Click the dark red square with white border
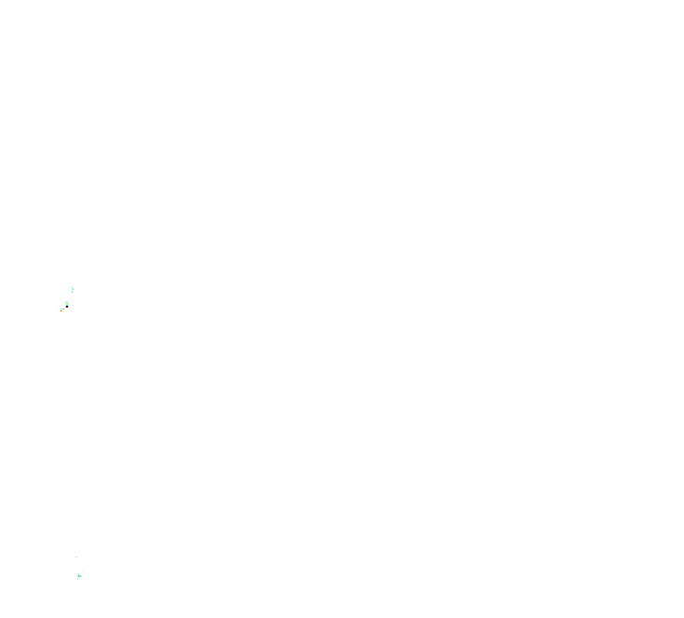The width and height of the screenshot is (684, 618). click(x=67, y=307)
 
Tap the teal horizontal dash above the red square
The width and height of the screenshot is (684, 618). click(x=66, y=302)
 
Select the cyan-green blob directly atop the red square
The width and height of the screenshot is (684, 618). click(x=67, y=305)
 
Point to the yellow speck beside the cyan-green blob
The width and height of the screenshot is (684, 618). click(x=69, y=304)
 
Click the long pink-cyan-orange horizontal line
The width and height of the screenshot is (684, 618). click(x=61, y=309)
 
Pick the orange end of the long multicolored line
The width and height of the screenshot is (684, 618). click(x=64, y=309)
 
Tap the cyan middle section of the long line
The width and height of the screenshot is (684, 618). click(x=62, y=309)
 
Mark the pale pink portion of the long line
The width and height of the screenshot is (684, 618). click(x=60, y=309)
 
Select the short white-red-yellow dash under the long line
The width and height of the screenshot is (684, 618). click(x=61, y=310)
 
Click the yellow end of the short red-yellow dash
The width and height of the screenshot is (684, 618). click(x=62, y=310)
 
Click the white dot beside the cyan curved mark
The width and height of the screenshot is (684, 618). click(x=68, y=288)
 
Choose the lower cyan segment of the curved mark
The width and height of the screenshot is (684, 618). click(x=72, y=292)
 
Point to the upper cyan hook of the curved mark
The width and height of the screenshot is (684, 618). click(x=73, y=288)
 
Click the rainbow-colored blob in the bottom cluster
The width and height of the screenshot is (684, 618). click(x=79, y=575)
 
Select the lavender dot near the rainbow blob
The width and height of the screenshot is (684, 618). click(x=83, y=570)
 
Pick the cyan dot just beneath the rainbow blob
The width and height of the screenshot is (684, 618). click(x=77, y=578)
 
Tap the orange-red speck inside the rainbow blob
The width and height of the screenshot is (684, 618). click(x=78, y=575)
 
